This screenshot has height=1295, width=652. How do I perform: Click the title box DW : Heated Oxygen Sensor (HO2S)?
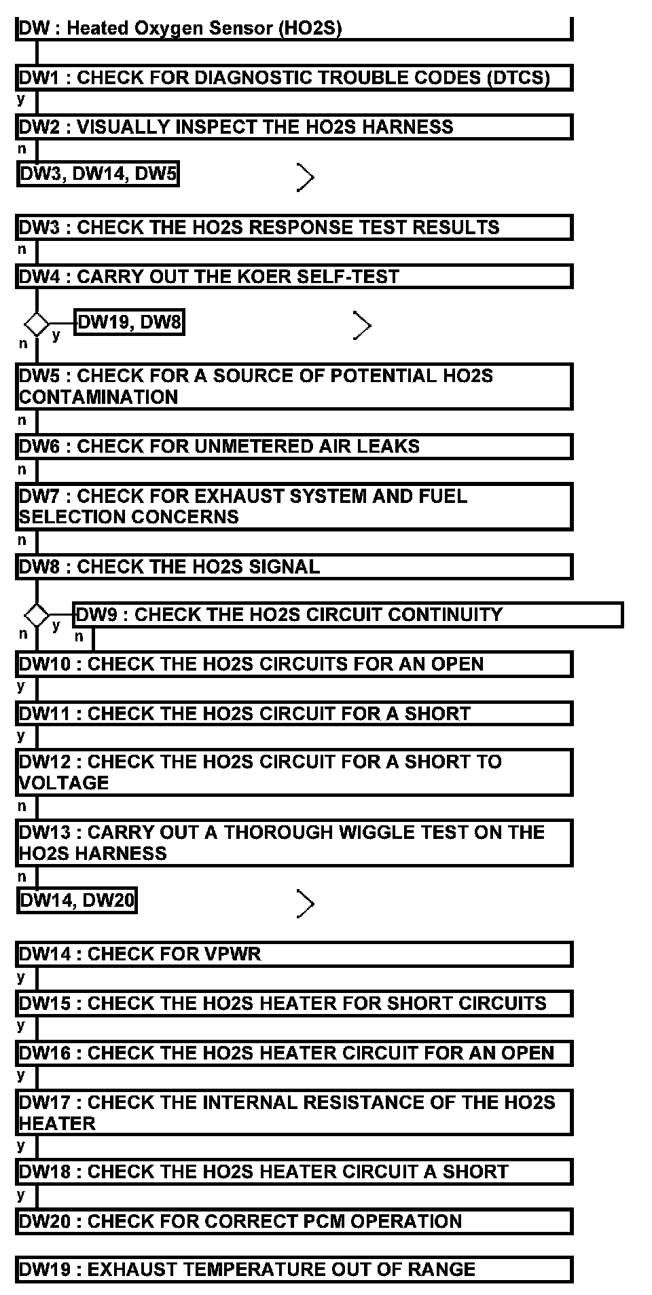pos(293,29)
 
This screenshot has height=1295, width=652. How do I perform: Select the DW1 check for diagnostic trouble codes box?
pos(293,77)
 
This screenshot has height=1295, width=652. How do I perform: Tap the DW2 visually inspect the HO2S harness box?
pos(293,127)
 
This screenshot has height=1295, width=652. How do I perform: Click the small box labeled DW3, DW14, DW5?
pos(98,174)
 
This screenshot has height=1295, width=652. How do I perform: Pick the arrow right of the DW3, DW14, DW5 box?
pos(306,178)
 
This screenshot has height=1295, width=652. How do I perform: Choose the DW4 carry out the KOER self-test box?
pos(293,277)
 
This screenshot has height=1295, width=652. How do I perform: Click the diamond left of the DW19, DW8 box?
pos(37,324)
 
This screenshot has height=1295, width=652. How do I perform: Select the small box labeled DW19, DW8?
pos(129,322)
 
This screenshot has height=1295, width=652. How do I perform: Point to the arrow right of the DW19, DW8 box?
pos(363,326)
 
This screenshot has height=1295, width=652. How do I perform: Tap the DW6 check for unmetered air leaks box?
pos(293,447)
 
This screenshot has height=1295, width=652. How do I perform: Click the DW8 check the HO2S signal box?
pos(293,567)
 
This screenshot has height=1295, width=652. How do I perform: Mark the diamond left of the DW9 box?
pos(37,616)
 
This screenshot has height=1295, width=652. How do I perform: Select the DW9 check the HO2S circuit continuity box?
pos(348,615)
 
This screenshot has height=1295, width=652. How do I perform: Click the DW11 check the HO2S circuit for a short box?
pos(293,714)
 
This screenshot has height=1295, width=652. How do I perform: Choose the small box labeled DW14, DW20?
pos(77,901)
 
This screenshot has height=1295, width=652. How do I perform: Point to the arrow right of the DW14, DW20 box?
pos(306,904)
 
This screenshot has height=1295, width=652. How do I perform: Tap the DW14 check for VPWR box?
pos(293,954)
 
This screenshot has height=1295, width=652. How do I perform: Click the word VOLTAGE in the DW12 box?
pos(64,783)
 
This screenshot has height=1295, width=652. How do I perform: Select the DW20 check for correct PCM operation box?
pos(293,1222)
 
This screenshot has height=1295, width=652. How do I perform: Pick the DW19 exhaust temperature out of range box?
pos(293,1270)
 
